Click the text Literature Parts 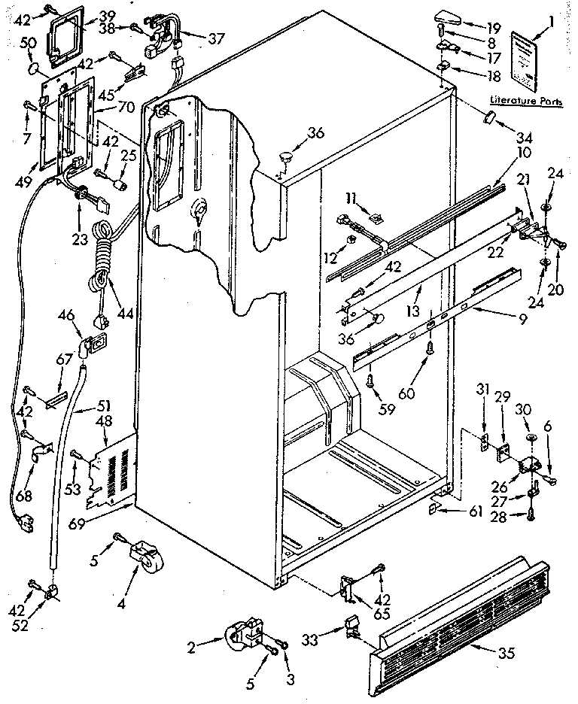[525, 99]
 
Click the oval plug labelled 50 [32, 69]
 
